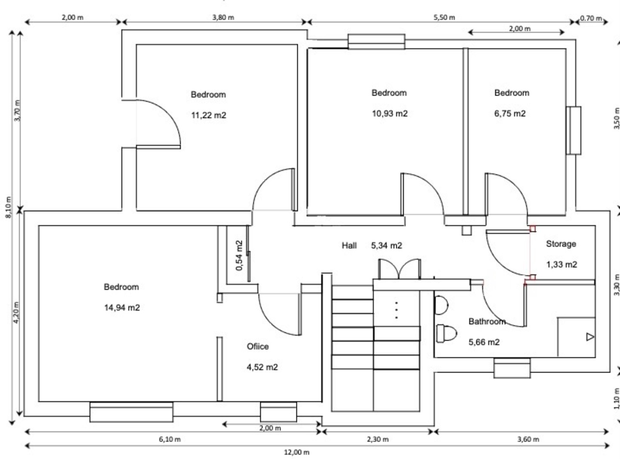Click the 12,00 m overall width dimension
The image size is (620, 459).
pos(296,452)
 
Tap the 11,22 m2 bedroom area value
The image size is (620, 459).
pos(209,115)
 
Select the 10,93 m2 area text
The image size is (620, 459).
pos(389,114)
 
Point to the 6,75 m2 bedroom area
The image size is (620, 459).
pos(510,114)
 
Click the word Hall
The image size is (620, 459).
pos(349,246)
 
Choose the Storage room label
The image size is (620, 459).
pos(561,244)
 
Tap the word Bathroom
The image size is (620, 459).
pos(487,321)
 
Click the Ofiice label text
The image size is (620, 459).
pos(258,346)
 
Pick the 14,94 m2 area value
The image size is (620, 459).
pos(122,308)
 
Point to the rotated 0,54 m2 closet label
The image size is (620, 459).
pos(239,255)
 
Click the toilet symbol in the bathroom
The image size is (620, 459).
pos(447,333)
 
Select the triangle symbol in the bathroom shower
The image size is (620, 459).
pos(590,337)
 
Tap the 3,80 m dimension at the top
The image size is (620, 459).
pos(223,17)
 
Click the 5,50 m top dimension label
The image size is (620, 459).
pos(444,17)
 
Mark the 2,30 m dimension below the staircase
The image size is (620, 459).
pos(378,439)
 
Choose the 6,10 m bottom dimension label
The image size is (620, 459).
pos(170,439)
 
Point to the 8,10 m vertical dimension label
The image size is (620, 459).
pos(9,207)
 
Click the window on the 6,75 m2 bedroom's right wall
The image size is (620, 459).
pos(573,130)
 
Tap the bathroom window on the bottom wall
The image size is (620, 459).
pos(512,368)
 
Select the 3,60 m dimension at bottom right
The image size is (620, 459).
pos(528,439)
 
